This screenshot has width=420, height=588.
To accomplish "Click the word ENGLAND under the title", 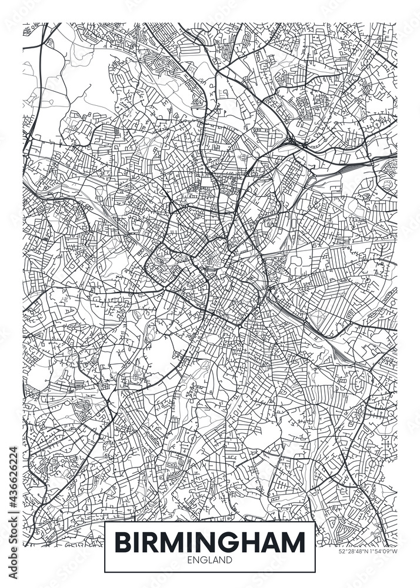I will coord(210,560).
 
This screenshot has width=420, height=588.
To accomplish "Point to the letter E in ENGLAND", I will coord(190,560).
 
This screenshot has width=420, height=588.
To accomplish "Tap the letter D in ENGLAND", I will coord(230,560).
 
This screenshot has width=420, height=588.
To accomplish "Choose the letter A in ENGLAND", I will coord(216,560).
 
